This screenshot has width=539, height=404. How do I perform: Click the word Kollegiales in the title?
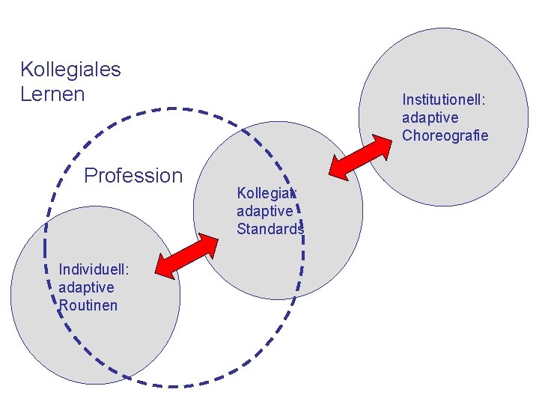click(x=70, y=70)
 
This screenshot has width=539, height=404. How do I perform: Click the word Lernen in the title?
click(x=52, y=94)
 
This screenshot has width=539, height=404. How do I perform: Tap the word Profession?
click(x=133, y=176)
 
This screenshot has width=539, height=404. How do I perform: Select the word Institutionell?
click(x=445, y=100)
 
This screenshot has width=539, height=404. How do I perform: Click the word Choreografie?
click(x=445, y=135)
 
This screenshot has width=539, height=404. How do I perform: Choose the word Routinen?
click(x=88, y=305)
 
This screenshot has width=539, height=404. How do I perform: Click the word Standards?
click(x=270, y=230)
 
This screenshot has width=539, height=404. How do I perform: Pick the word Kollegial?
click(x=267, y=193)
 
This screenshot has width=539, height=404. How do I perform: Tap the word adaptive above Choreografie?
click(x=430, y=117)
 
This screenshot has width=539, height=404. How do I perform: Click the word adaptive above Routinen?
click(x=86, y=287)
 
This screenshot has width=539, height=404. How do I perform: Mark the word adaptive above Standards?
click(x=265, y=212)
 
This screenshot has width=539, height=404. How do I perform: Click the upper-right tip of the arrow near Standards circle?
click(x=217, y=236)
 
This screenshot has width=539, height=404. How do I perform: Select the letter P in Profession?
click(x=91, y=176)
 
